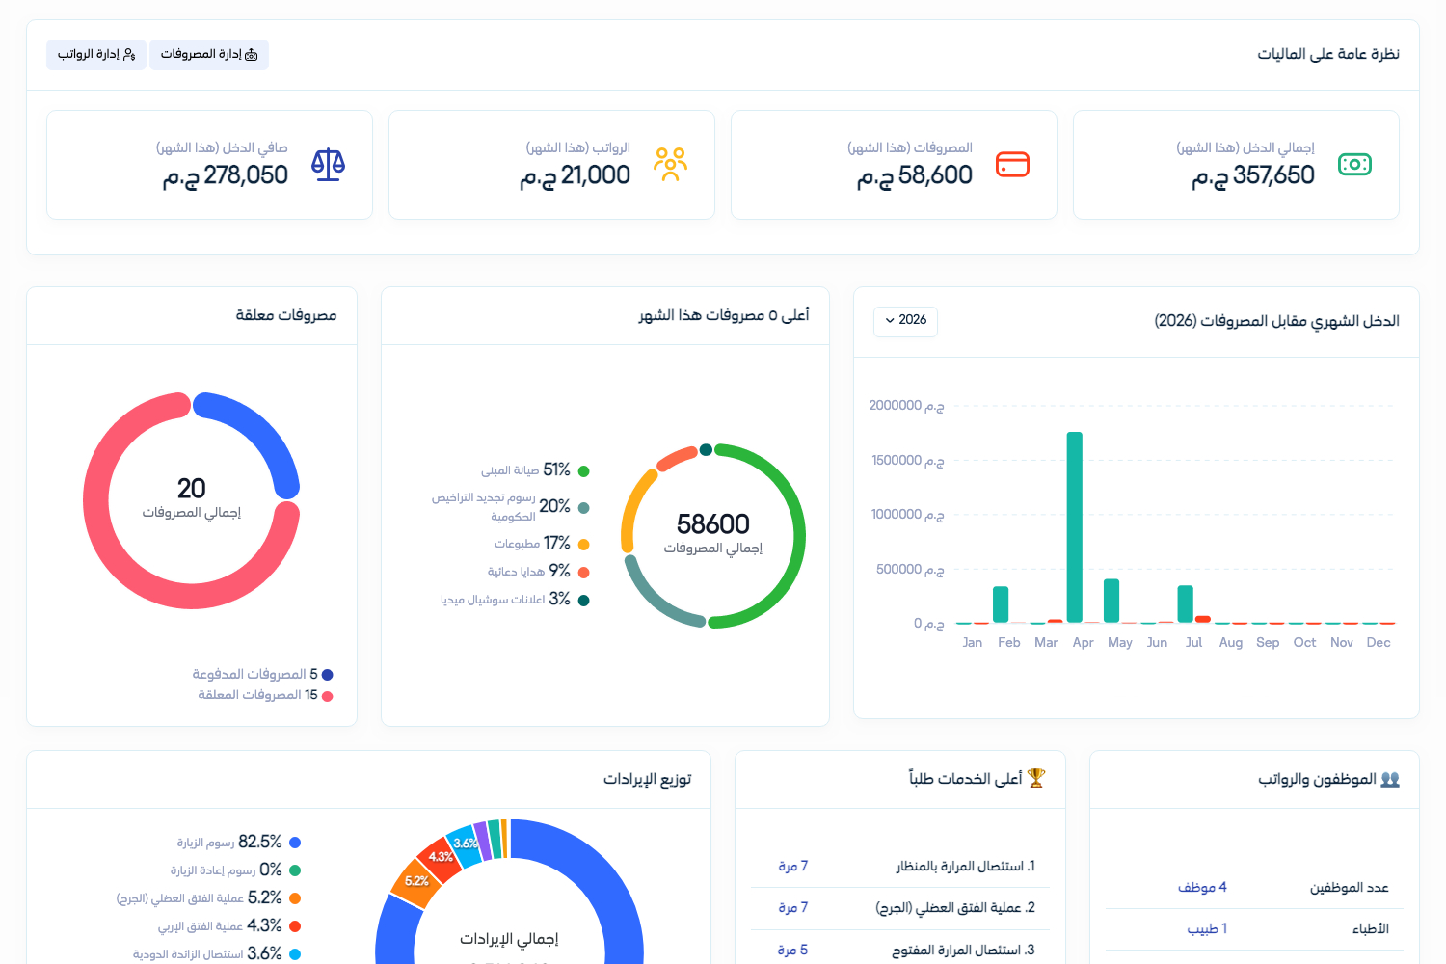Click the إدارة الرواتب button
point(96,54)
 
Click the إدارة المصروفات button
point(209,54)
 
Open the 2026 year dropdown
point(905,321)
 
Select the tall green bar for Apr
point(1075,527)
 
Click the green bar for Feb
point(1001,604)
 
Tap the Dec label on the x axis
point(1379,642)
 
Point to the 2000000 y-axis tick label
point(906,406)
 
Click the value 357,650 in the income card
point(1273,175)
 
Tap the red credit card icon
point(1012,164)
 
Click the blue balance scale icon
point(328,164)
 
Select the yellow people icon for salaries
point(670,164)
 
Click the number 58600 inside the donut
point(712,523)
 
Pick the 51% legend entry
point(535,470)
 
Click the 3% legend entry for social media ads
point(515,600)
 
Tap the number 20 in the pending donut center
point(191,489)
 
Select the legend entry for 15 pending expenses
point(265,695)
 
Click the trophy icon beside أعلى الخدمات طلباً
point(1035,778)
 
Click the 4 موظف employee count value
point(1202,888)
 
